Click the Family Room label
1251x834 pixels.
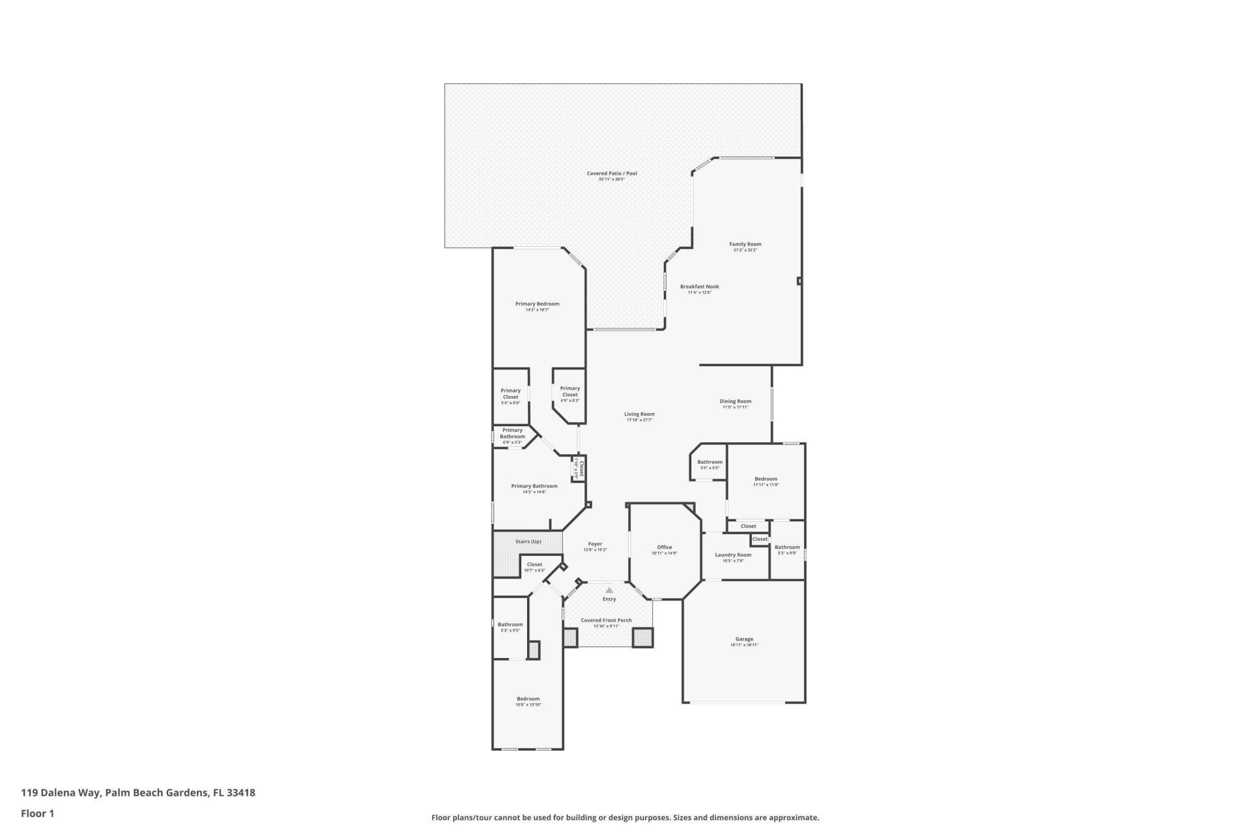pyautogui.click(x=745, y=244)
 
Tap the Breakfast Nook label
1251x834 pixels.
pyautogui.click(x=699, y=287)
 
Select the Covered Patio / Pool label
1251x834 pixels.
pyautogui.click(x=611, y=173)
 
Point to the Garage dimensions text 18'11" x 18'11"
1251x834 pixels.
pyautogui.click(x=744, y=645)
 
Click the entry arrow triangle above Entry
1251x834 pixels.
pyautogui.click(x=609, y=590)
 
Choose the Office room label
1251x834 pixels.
pyautogui.click(x=664, y=547)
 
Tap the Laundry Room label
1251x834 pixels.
pyautogui.click(x=733, y=555)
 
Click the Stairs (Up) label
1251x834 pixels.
pyautogui.click(x=528, y=541)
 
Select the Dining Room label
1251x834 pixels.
pyautogui.click(x=735, y=401)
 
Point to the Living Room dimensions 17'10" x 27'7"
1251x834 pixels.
pyautogui.click(x=639, y=420)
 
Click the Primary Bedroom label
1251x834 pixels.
pyautogui.click(x=537, y=304)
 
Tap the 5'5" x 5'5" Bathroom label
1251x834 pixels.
pyautogui.click(x=710, y=463)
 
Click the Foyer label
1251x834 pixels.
pyautogui.click(x=595, y=544)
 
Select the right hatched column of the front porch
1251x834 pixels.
pyautogui.click(x=642, y=637)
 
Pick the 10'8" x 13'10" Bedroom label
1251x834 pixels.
pyautogui.click(x=528, y=699)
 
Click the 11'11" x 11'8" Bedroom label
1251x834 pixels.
pyautogui.click(x=766, y=480)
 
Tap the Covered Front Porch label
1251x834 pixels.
pyautogui.click(x=606, y=620)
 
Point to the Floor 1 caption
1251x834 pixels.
pyautogui.click(x=37, y=813)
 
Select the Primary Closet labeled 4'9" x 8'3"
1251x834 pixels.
pyautogui.click(x=569, y=392)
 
